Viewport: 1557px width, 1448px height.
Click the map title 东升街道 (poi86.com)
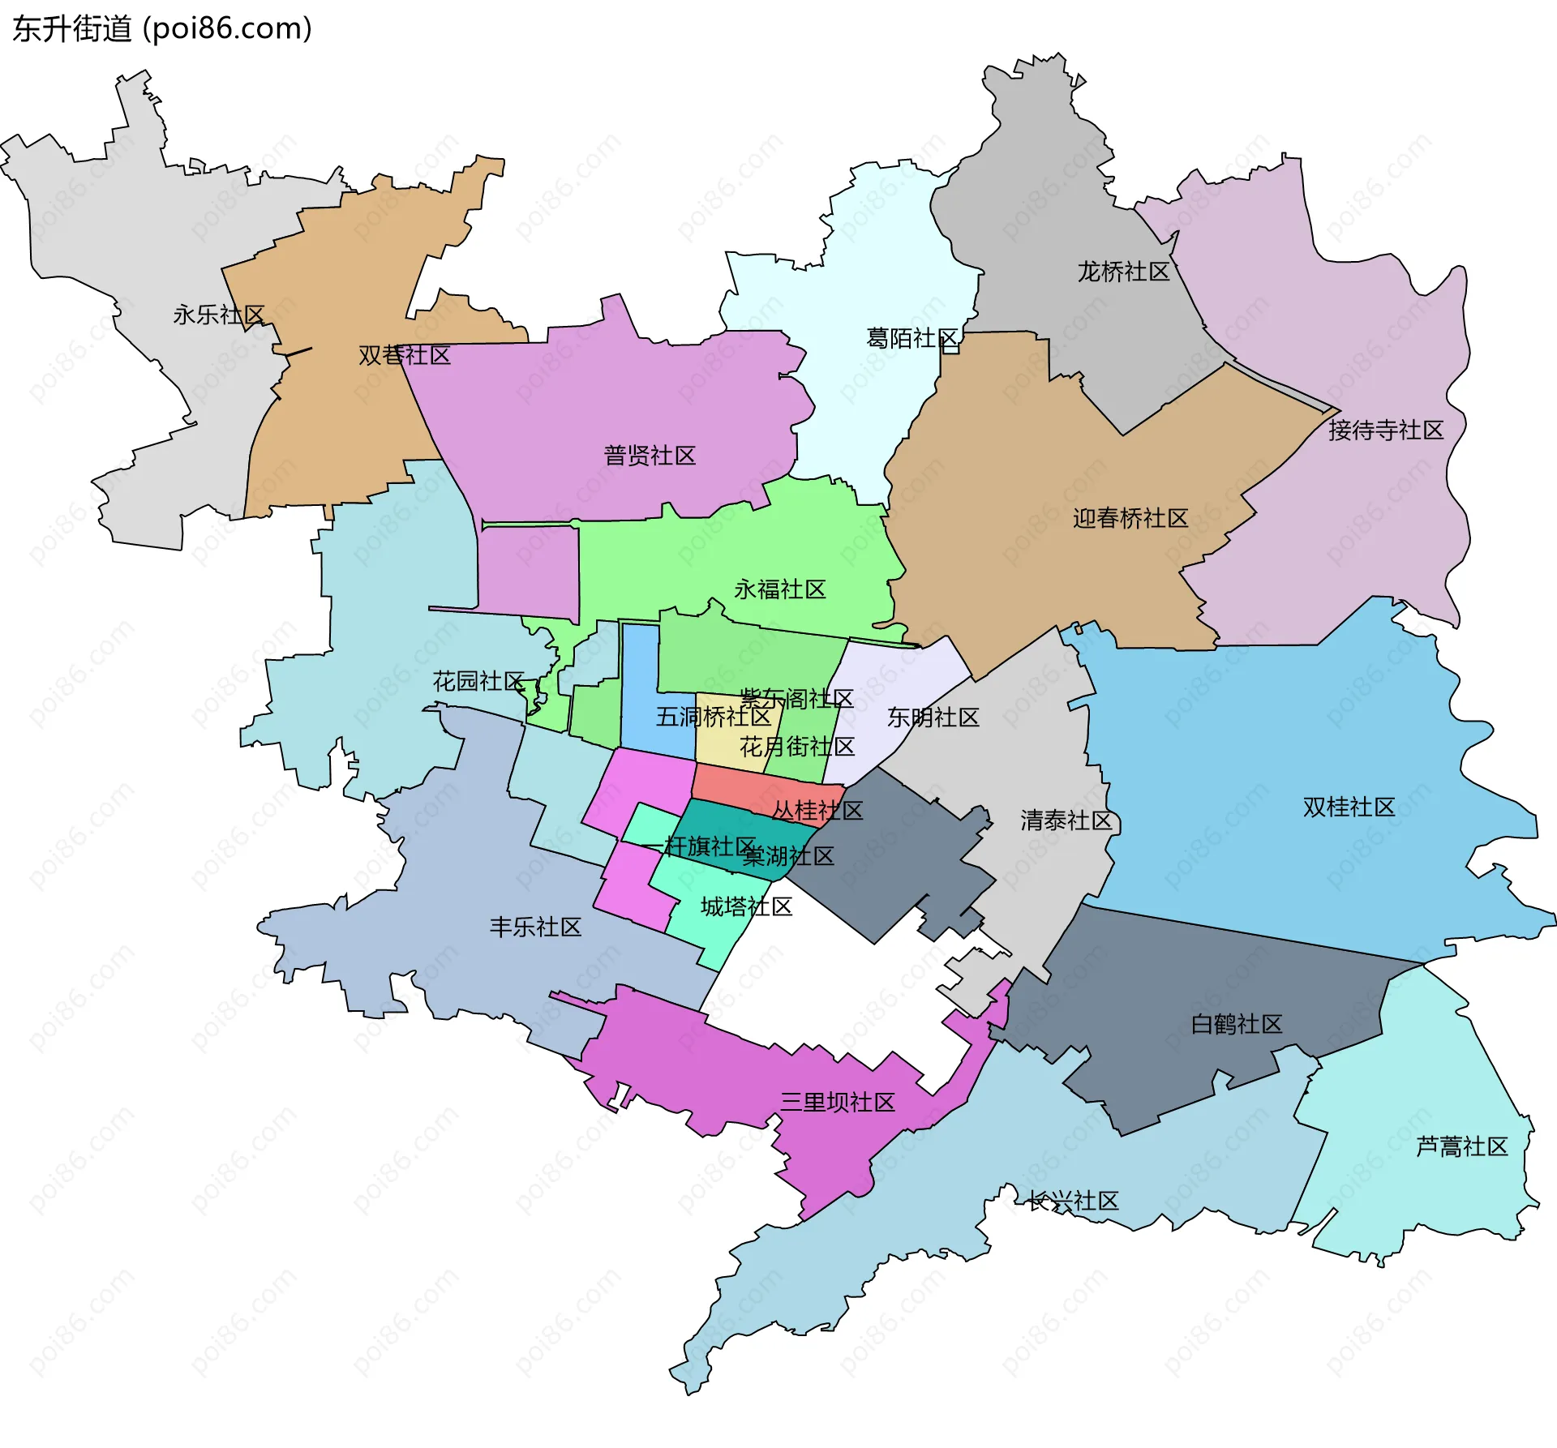tap(162, 28)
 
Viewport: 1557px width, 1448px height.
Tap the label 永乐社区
tap(219, 315)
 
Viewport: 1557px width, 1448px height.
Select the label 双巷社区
tap(405, 355)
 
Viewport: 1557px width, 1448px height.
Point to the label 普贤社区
tap(650, 456)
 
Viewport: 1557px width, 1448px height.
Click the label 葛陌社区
tap(913, 338)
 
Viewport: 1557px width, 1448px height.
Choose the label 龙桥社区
tap(1123, 272)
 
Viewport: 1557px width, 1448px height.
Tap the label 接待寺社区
tap(1386, 430)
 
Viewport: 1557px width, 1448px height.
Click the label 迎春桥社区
tap(1130, 518)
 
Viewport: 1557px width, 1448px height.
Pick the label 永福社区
tap(780, 589)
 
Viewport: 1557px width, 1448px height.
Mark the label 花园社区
tap(478, 681)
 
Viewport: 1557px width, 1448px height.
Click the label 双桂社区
tap(1349, 807)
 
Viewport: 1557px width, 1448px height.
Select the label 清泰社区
tap(1066, 820)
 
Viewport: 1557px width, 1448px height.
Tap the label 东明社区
tap(933, 718)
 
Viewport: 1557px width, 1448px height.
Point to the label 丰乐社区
tap(535, 927)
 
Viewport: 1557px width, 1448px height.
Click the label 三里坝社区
tap(838, 1102)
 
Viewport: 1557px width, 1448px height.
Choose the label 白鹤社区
tap(1236, 1024)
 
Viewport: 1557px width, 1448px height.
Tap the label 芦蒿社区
tap(1461, 1146)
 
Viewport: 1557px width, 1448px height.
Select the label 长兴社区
tap(1073, 1201)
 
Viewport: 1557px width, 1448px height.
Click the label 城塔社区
tap(746, 906)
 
